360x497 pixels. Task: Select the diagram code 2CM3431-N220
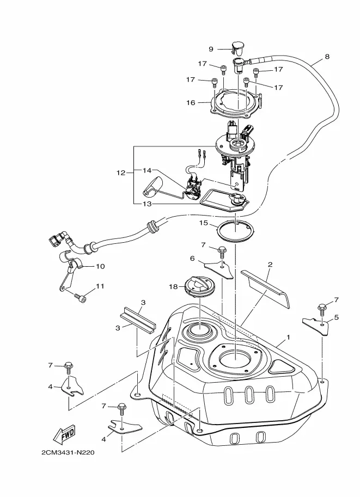[68, 452]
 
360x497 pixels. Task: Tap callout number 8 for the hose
[327, 57]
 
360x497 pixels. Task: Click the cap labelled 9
[237, 47]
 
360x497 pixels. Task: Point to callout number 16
[191, 103]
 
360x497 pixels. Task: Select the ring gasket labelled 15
[235, 232]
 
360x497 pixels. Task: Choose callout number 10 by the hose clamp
[100, 266]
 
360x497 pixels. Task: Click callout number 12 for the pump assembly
[121, 173]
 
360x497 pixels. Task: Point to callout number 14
[147, 170]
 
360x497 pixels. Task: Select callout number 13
[147, 204]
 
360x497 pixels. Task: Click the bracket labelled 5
[315, 326]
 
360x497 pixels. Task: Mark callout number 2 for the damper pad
[270, 265]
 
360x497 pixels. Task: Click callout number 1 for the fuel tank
[288, 338]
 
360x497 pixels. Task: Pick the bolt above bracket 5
[322, 309]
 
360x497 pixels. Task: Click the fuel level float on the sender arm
[152, 186]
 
